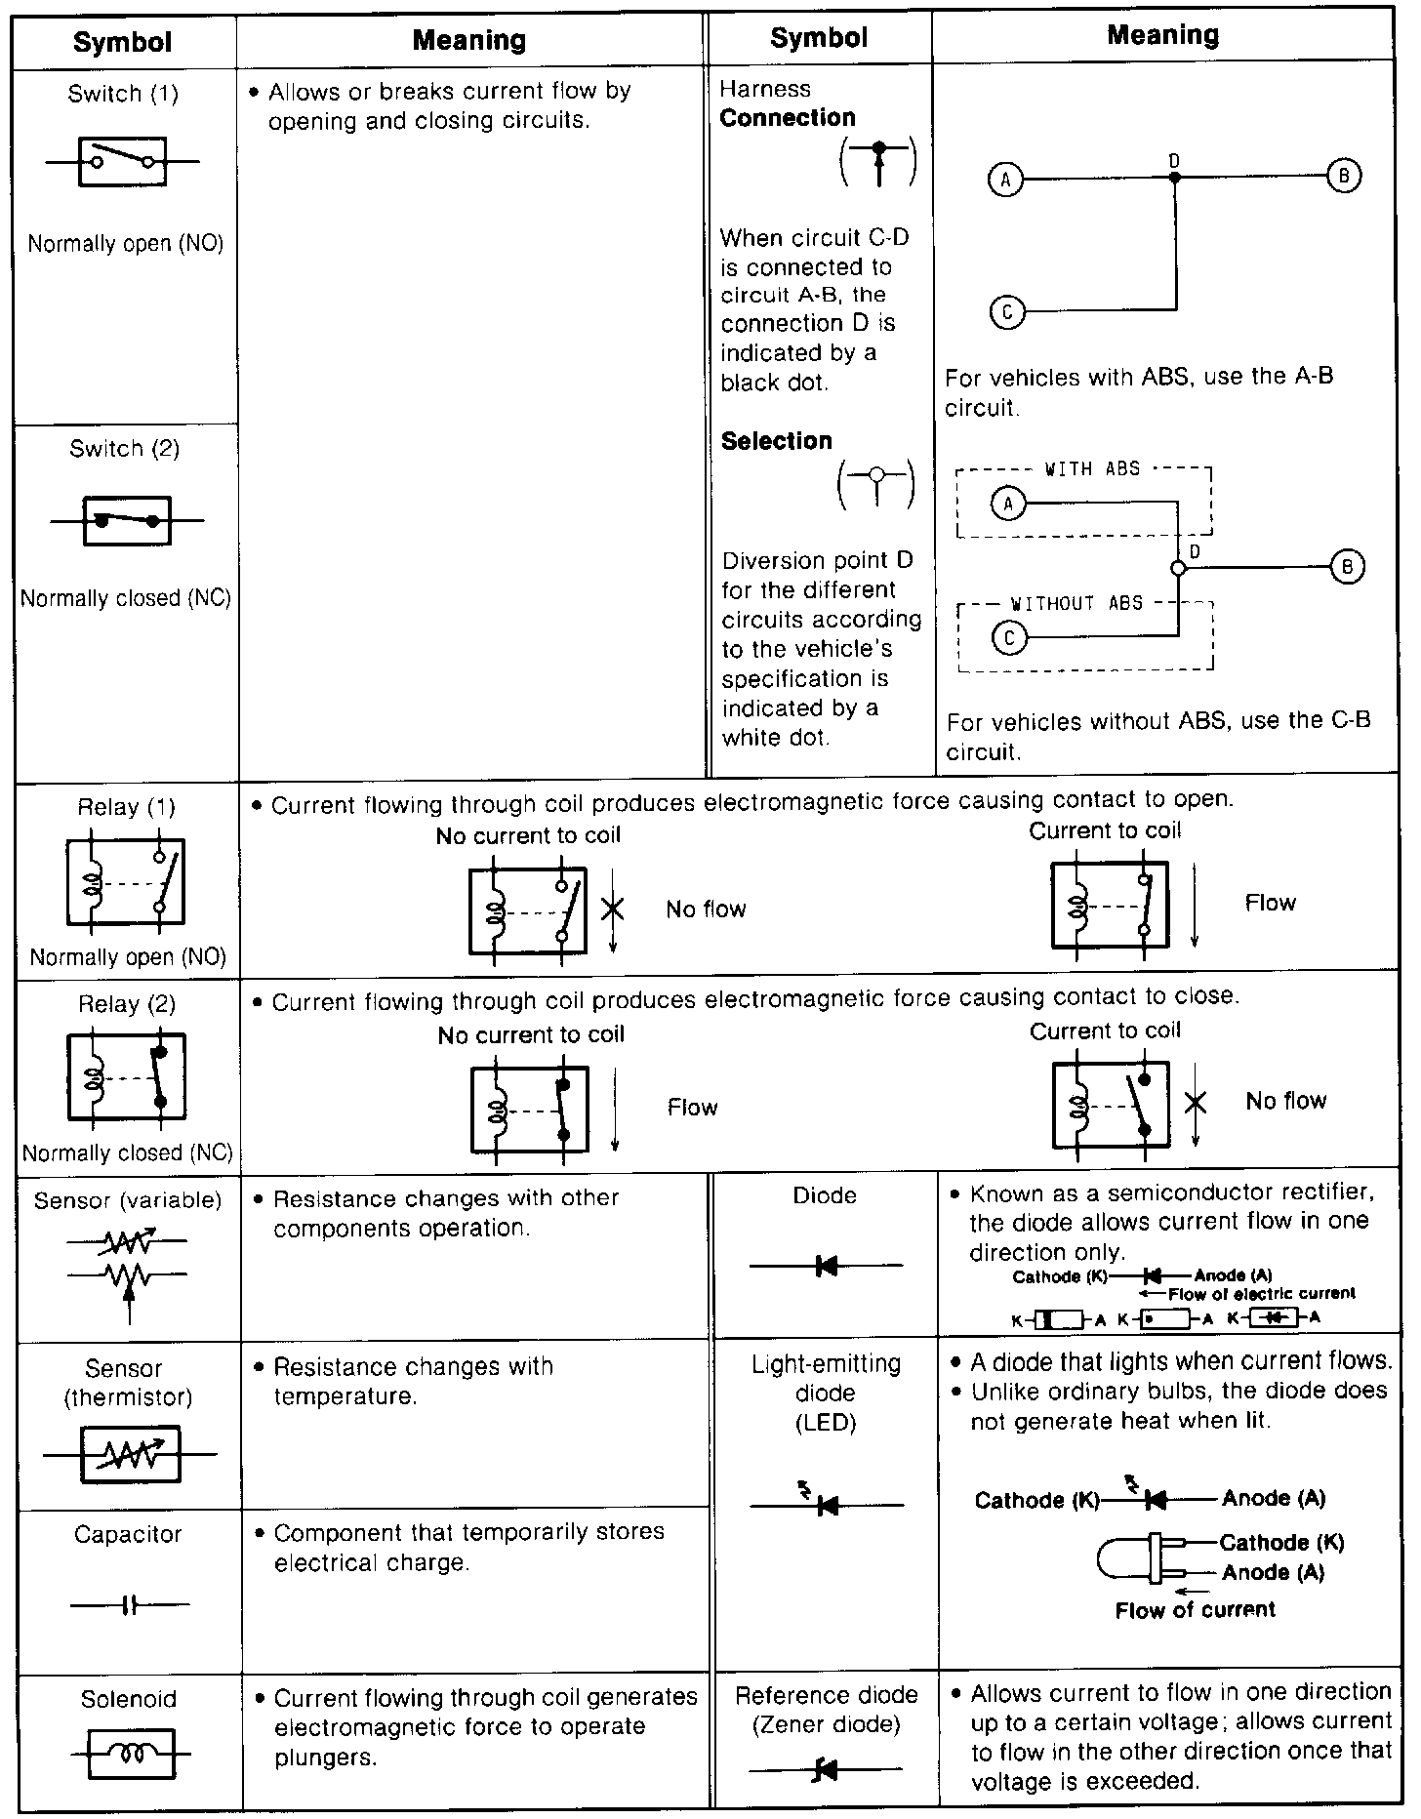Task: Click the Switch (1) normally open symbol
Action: click(123, 161)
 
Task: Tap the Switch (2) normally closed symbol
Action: click(127, 520)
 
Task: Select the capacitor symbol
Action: click(130, 1604)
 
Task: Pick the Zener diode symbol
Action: click(826, 1768)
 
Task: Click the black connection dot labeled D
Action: click(1175, 178)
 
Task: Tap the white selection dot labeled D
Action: click(1178, 568)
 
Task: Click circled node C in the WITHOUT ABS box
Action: click(1009, 638)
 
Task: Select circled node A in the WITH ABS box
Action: click(1008, 504)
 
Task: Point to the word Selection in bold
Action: click(777, 441)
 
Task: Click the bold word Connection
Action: click(788, 118)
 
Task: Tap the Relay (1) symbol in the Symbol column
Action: click(126, 882)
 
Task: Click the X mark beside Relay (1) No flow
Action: click(613, 909)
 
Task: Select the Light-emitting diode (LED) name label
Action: click(826, 1393)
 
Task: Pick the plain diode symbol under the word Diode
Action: click(826, 1267)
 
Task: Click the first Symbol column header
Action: click(123, 42)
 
